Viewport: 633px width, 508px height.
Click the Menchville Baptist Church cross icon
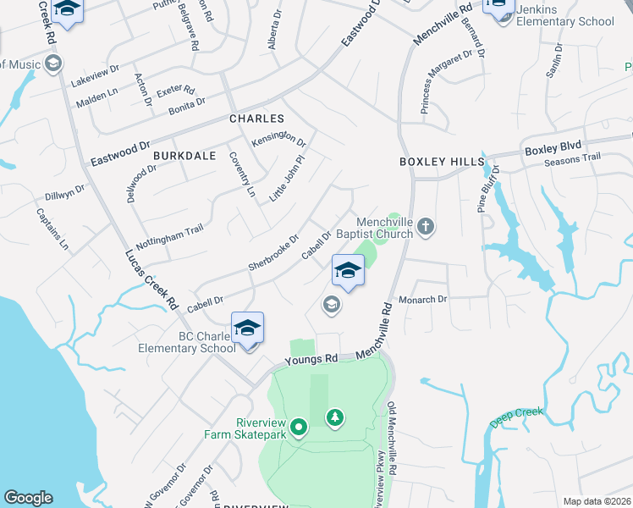[426, 226]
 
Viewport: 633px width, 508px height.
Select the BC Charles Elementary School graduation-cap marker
[247, 329]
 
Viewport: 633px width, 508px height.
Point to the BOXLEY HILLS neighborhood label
[442, 161]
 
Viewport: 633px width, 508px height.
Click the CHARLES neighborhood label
[256, 119]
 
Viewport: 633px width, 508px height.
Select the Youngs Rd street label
[311, 360]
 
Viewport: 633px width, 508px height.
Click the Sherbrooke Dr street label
[273, 251]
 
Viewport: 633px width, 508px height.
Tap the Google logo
[28, 498]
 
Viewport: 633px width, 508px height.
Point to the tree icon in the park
[335, 417]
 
